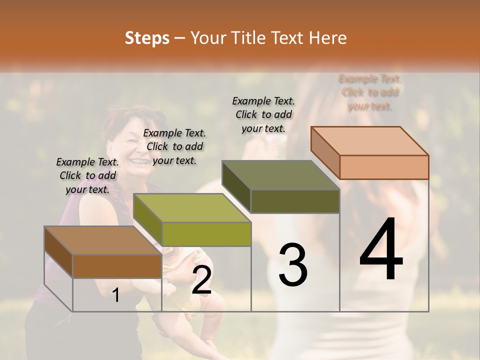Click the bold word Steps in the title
coord(147,38)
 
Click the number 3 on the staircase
coord(292,265)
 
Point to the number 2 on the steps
coord(201,280)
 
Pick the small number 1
coord(116,295)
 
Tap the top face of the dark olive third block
coord(280,175)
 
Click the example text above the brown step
coord(87,175)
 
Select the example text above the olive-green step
coord(174,146)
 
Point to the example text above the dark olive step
coord(263,114)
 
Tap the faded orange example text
coord(370,92)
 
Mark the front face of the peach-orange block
coord(384,167)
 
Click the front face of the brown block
coord(117,266)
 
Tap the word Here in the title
coord(328,38)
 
